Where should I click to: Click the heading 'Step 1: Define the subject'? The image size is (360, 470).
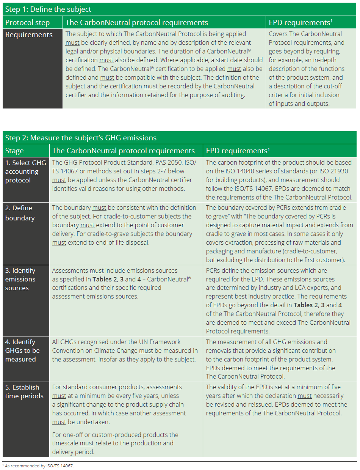(x=48, y=9)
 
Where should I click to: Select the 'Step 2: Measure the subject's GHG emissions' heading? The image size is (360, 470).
(x=81, y=138)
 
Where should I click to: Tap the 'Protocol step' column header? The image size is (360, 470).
(x=27, y=22)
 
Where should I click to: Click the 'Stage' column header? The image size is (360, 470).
(x=14, y=151)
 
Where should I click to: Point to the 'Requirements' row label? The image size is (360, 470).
(x=29, y=35)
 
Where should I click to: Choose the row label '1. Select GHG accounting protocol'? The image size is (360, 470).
(x=25, y=171)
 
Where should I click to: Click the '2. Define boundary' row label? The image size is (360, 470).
(x=20, y=213)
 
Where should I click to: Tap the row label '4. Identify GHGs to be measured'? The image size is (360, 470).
(x=22, y=351)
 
